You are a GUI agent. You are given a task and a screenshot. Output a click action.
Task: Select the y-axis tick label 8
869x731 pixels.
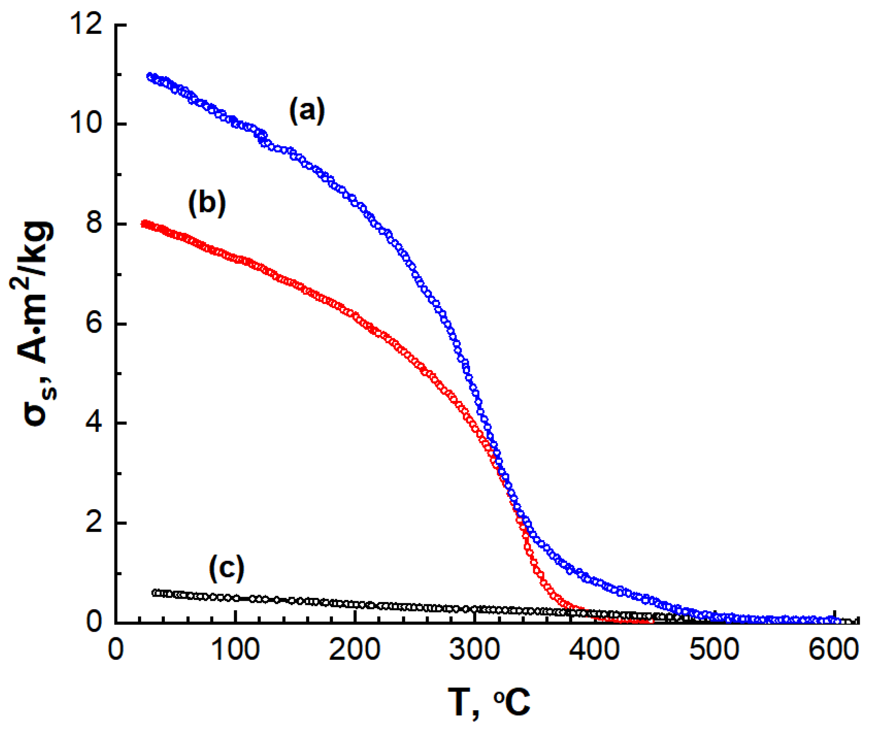pos(94,224)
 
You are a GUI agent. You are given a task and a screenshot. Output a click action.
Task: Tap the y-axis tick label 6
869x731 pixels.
pos(94,324)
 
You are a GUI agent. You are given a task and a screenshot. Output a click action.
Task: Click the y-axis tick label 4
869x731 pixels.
pos(94,424)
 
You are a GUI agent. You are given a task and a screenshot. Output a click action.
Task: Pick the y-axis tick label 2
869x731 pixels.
pos(94,523)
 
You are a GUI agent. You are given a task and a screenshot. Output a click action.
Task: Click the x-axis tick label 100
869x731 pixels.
pos(235,649)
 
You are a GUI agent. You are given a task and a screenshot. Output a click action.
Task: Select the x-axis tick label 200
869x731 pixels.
pos(355,649)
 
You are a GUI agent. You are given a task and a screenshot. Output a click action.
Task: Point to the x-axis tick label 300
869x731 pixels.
pos(475,649)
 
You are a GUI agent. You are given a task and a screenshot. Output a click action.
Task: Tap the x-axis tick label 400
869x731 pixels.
pos(594,649)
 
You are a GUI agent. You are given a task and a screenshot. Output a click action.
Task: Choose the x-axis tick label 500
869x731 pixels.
pos(714,649)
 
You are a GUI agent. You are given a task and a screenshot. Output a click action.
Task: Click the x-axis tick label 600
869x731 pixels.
pos(834,649)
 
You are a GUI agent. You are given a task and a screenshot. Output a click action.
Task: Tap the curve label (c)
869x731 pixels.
pos(226,568)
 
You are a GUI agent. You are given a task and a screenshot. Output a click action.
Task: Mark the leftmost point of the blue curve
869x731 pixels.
pos(150,76)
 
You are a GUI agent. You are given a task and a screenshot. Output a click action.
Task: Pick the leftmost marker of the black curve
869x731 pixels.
pos(155,593)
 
